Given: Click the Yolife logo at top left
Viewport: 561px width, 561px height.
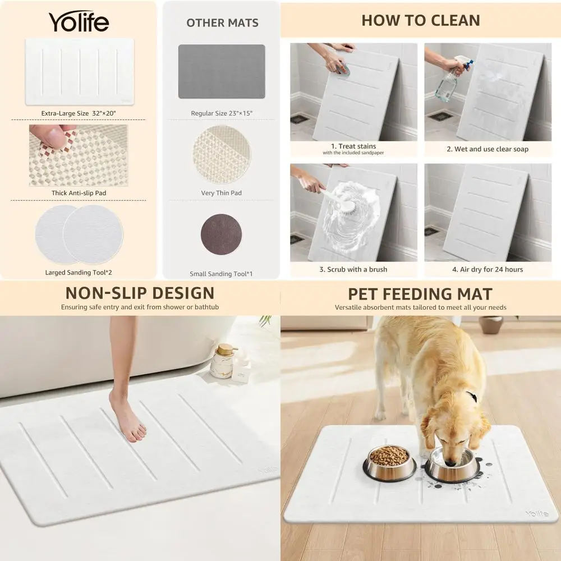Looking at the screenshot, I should point(79,22).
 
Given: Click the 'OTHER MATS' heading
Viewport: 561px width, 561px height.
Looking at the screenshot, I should point(222,23).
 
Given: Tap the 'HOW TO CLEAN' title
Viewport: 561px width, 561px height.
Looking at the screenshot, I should point(421,20).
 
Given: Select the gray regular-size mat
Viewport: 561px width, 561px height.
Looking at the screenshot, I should point(222,71).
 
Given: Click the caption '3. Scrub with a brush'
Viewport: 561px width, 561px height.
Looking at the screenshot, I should point(353,269).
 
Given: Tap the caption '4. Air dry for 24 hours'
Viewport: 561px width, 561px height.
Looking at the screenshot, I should point(488,269).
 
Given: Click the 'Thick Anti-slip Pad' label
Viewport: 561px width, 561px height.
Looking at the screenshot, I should point(79,193).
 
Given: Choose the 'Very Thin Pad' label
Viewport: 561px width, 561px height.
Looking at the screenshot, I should point(222,193).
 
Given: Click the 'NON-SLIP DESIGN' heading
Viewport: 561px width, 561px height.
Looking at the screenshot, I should point(140,293).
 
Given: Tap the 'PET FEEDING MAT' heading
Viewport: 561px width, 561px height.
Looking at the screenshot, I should point(420,294).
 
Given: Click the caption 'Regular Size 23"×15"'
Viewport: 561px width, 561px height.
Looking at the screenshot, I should point(222,113).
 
